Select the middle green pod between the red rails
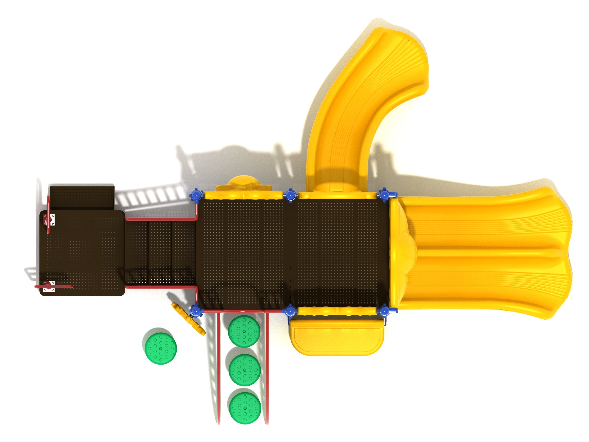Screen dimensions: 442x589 click(244, 370)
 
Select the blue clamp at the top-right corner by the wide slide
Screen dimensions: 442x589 click(384, 195)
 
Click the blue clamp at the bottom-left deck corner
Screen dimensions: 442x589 click(196, 310)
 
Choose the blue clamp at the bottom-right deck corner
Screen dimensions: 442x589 click(384, 311)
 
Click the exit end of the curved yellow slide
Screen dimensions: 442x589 click(410, 53)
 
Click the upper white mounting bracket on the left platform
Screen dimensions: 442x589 click(49, 220)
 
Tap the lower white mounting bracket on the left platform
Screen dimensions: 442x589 click(49, 286)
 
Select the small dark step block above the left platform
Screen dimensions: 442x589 click(82, 197)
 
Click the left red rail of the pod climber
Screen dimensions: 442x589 click(219, 368)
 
